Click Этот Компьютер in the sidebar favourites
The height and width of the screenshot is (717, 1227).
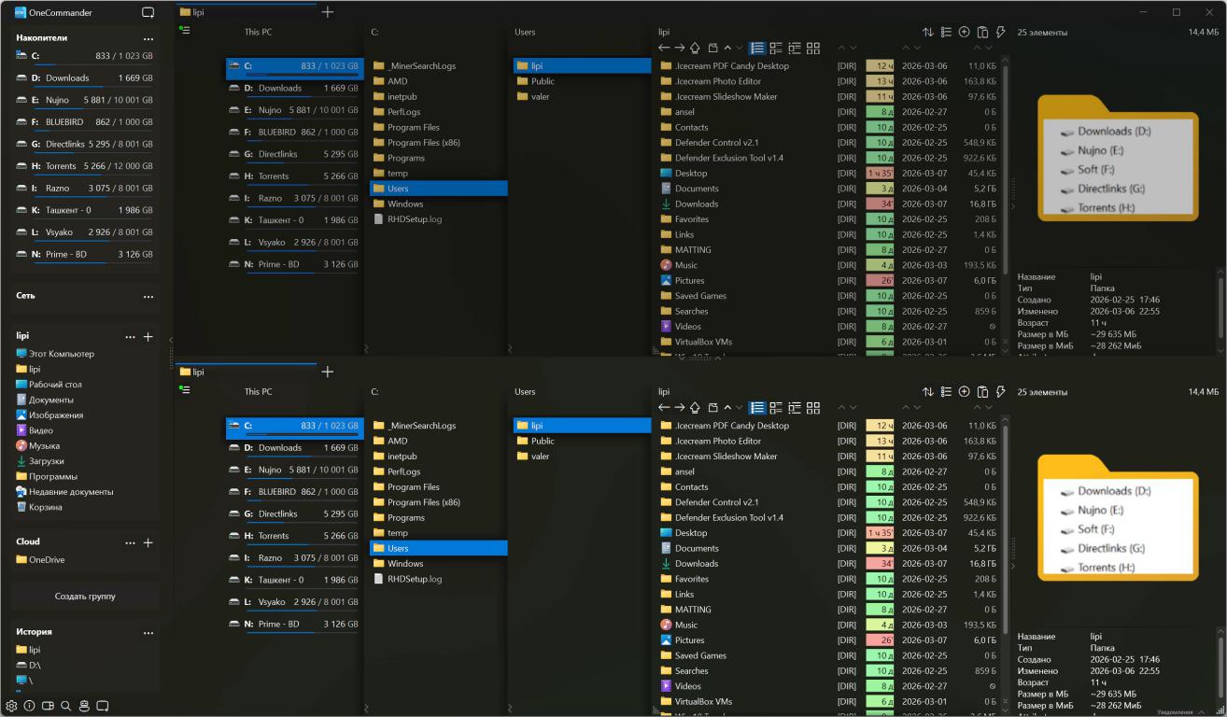61,354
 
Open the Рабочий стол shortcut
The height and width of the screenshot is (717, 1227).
55,385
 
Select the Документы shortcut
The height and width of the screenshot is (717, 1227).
50,400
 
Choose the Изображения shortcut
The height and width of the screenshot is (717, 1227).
55,415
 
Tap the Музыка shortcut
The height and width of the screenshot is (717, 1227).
44,446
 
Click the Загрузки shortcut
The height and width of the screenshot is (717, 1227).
46,461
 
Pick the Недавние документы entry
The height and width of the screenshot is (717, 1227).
70,492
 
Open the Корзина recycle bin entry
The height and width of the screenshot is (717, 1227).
45,507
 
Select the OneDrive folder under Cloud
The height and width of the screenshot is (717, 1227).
47,560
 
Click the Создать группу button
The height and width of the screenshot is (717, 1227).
85,596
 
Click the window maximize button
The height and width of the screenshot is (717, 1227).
1176,12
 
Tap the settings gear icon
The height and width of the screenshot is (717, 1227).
12,706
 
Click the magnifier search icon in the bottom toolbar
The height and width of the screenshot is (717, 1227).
65,706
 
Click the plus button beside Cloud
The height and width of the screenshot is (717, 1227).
148,542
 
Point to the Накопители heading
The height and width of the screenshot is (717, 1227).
42,38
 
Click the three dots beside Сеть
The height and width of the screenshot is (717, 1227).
148,297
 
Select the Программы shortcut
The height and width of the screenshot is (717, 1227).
52,477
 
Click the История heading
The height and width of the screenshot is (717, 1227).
34,632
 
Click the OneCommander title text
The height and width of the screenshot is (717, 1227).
61,13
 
